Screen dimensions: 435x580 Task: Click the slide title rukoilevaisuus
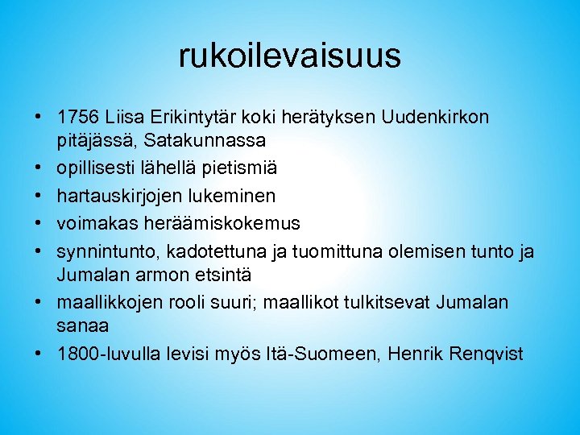(x=289, y=56)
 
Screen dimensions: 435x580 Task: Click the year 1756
(x=79, y=118)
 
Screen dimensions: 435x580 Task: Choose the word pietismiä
(x=235, y=168)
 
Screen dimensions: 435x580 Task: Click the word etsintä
(x=219, y=274)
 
